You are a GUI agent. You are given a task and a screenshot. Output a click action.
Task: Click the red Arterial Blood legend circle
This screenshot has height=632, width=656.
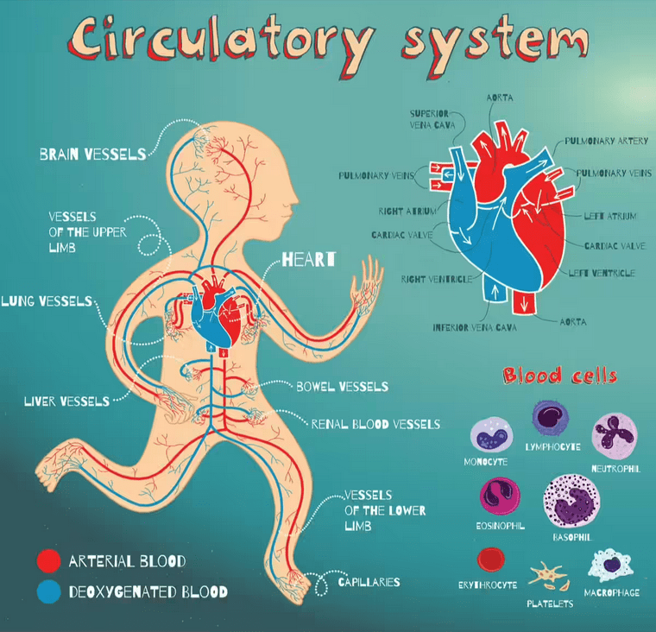[x=48, y=560]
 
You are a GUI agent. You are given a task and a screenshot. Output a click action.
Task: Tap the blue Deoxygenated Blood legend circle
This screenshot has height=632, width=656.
[x=48, y=591]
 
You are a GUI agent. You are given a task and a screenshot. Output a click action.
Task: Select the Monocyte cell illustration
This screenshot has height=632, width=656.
[x=491, y=435]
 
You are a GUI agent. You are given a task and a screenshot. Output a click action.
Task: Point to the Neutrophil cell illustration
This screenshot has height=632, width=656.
[x=615, y=436]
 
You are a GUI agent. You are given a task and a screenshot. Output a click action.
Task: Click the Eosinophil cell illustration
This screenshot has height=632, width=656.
[x=500, y=496]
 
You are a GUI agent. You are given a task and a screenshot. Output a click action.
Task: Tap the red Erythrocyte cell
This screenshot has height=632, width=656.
[x=491, y=559]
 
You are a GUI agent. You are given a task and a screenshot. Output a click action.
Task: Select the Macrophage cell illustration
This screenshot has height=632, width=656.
[x=610, y=565]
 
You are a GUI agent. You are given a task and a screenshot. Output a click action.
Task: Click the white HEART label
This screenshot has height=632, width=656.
[x=309, y=260]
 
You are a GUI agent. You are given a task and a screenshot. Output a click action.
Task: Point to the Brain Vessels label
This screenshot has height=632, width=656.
[x=93, y=155]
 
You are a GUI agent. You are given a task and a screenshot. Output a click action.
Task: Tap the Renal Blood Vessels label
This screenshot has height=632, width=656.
[x=375, y=425]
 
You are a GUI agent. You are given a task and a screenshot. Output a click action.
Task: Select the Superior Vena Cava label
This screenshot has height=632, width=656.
[x=432, y=119]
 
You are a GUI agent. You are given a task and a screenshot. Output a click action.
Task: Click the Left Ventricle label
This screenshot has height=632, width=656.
[x=602, y=274]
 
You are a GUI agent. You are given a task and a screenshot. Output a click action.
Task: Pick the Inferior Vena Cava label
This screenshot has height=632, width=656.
[x=475, y=327]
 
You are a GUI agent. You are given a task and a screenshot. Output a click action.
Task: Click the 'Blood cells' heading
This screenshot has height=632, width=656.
[x=560, y=375]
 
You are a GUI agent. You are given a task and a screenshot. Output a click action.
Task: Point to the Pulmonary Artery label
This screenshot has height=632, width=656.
[x=606, y=141]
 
